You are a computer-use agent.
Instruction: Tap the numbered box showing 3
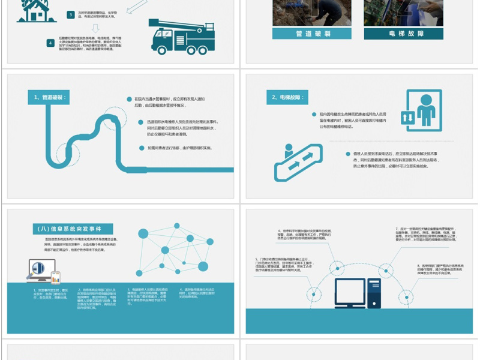coord(70,14)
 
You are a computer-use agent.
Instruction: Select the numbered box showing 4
coord(51,43)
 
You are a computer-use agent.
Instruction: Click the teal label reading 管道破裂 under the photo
coord(312,34)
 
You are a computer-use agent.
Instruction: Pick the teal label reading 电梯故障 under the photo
coord(406,34)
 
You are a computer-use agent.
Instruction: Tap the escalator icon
coord(295,161)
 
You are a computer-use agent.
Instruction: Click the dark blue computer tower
coord(374,293)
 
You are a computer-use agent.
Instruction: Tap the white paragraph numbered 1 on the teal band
coord(52,294)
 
